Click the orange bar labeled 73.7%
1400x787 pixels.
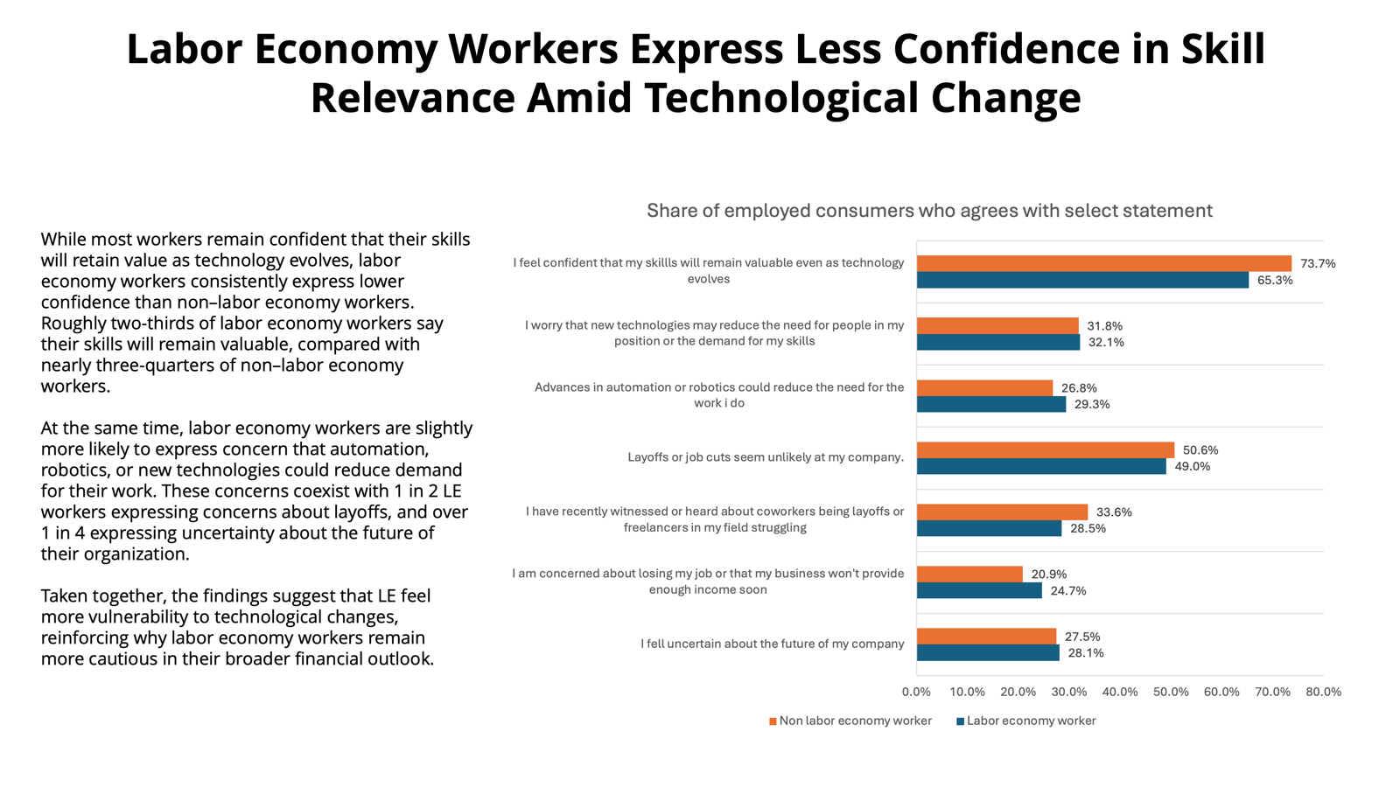coord(1103,263)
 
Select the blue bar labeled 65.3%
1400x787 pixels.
coord(1082,280)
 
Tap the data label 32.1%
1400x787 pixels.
coord(1106,342)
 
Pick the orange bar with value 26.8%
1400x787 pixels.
coord(984,387)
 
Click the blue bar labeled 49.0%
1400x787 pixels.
coord(1041,467)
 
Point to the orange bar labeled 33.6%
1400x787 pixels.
coord(1002,512)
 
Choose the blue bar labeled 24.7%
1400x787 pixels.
coord(979,591)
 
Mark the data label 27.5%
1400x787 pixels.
coord(1082,637)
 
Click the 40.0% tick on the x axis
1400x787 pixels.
coord(1120,692)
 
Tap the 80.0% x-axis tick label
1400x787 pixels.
coord(1323,692)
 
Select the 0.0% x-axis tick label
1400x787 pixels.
coord(916,692)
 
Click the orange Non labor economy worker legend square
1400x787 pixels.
coord(773,721)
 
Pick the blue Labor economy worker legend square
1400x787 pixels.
coord(960,721)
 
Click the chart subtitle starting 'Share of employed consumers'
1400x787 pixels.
coord(929,211)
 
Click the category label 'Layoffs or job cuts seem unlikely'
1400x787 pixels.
coord(766,457)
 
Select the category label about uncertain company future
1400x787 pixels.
coord(772,644)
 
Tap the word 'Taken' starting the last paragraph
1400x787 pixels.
coord(64,596)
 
